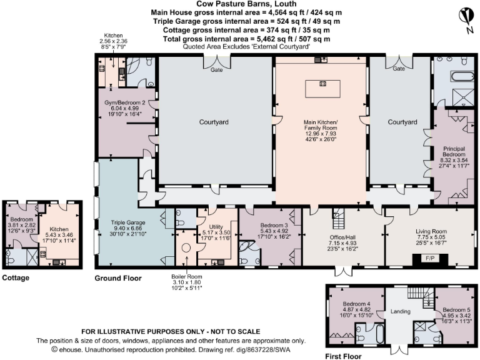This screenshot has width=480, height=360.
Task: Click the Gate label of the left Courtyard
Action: [x=216, y=70]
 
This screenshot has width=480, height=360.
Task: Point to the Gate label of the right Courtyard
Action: [x=399, y=69]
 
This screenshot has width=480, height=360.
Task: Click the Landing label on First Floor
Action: [x=400, y=312]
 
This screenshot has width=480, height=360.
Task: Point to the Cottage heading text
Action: [x=16, y=277]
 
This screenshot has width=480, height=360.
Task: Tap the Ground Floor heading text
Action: [x=117, y=278]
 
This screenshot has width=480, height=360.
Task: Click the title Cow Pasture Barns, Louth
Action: [x=240, y=4]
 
